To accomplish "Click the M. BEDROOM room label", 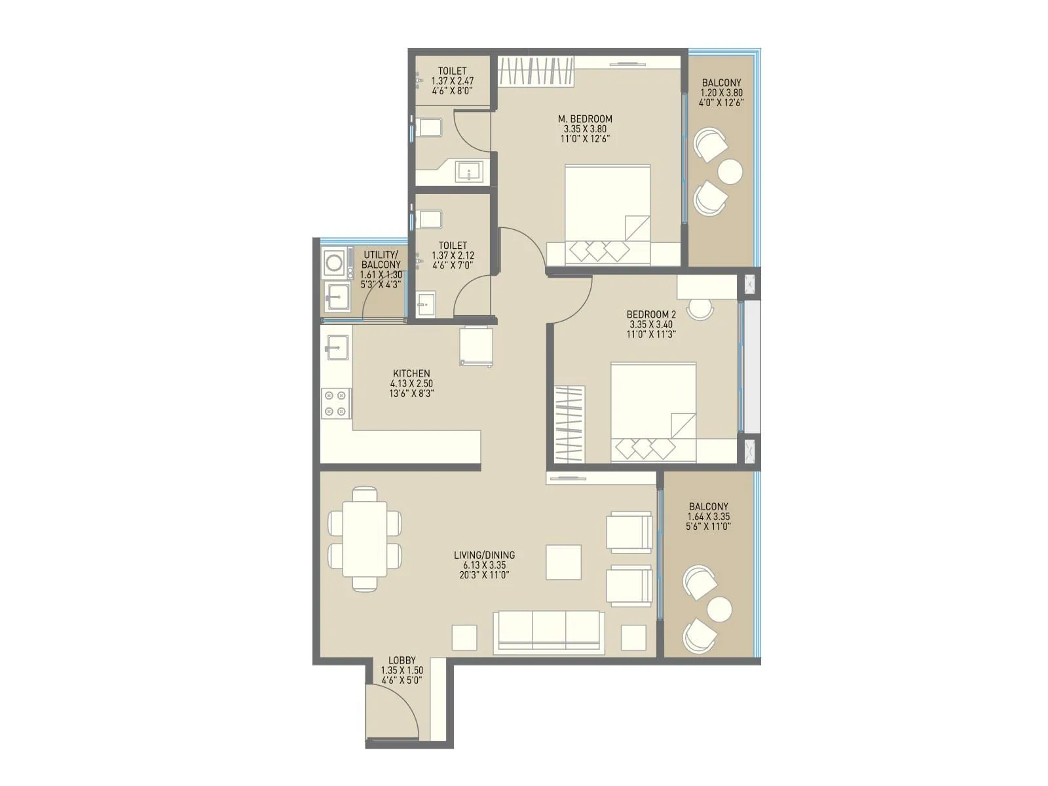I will point(585,119).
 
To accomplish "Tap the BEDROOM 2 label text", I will point(651,314).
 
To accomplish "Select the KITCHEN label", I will point(411,374).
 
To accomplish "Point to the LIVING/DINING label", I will point(484,555).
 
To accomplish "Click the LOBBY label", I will point(402,661).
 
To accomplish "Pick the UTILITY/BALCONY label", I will point(381,259).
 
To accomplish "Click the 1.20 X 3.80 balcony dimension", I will point(721,93).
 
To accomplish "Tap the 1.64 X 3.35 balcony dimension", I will point(709,517).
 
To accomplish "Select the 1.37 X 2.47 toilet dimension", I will point(452,81).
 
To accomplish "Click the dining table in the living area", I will point(365,539).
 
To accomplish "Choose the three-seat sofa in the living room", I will point(549,632).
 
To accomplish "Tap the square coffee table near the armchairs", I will point(563,562).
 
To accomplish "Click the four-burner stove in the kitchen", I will point(335,403).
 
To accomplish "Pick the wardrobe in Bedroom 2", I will point(569,425).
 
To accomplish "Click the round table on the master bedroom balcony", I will point(730,172).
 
